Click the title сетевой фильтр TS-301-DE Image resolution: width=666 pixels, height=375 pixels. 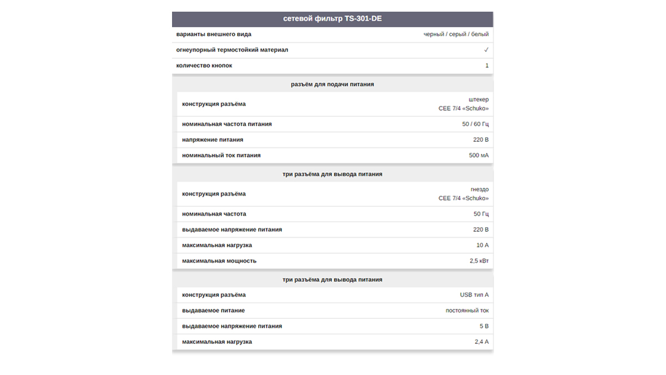coord(332,19)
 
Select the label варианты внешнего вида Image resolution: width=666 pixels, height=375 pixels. coord(213,34)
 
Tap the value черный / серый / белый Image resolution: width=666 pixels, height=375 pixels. coord(456,34)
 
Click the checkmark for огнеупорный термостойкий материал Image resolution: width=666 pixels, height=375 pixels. coord(486,50)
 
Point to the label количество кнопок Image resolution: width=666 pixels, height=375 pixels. coord(204,66)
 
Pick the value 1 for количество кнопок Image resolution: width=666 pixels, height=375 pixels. coord(487,66)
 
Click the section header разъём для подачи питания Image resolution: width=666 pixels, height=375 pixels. coord(332,84)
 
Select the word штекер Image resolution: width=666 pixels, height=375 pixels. coord(478,99)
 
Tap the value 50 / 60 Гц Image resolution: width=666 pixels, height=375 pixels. coord(475,124)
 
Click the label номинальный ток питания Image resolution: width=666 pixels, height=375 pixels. coord(221,155)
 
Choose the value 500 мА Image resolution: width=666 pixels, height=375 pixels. coord(478,155)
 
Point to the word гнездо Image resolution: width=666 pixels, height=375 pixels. coord(480,189)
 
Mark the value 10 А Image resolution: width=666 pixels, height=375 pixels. coord(482,245)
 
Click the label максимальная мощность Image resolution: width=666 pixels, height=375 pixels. coord(219,261)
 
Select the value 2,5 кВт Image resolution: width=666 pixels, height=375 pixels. coord(479,261)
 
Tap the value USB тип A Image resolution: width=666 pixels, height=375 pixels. coord(474,295)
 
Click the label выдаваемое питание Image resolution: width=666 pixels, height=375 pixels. coord(213,311)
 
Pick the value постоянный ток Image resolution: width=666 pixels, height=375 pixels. coord(467,311)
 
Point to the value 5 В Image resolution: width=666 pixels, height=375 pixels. coord(484,326)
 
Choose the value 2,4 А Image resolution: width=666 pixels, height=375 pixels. coord(481,342)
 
